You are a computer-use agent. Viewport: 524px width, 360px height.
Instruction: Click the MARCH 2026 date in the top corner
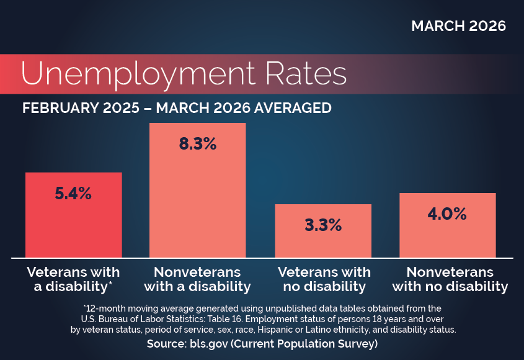tap(458, 26)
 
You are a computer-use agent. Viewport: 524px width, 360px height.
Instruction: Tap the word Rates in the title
tap(307, 73)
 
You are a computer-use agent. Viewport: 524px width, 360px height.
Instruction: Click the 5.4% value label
tap(73, 193)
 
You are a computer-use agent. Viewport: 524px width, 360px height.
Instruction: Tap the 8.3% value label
tap(198, 144)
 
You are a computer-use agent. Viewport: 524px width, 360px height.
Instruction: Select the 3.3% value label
tap(323, 225)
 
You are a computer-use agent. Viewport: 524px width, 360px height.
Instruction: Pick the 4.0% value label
tap(447, 214)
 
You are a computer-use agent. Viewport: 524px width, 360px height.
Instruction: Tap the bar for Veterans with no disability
tap(323, 242)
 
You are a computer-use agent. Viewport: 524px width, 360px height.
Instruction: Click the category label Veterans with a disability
tap(73, 279)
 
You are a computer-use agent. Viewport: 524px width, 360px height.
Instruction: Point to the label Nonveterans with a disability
tap(198, 279)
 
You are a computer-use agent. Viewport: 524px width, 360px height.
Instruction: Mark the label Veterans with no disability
tap(323, 279)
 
